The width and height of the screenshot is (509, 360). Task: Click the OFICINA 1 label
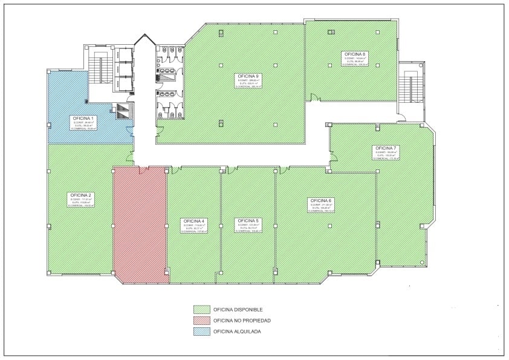83,118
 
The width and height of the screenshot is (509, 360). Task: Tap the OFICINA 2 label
81,195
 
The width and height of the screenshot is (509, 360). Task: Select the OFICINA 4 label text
195,221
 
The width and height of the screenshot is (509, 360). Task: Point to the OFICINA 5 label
248,221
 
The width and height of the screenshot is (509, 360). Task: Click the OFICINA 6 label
321,200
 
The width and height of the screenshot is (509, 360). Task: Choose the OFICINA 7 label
386,148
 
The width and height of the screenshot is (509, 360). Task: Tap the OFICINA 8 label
355,54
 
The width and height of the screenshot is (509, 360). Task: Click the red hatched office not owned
140,224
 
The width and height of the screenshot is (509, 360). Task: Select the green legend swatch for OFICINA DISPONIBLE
201,310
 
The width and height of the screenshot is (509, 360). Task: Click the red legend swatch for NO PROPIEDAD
201,321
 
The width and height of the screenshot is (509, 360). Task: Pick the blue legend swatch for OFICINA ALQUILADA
201,332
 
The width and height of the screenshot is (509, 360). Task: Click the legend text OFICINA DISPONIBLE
238,310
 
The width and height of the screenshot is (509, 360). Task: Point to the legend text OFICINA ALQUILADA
238,332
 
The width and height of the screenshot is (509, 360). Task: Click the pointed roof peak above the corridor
143,38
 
